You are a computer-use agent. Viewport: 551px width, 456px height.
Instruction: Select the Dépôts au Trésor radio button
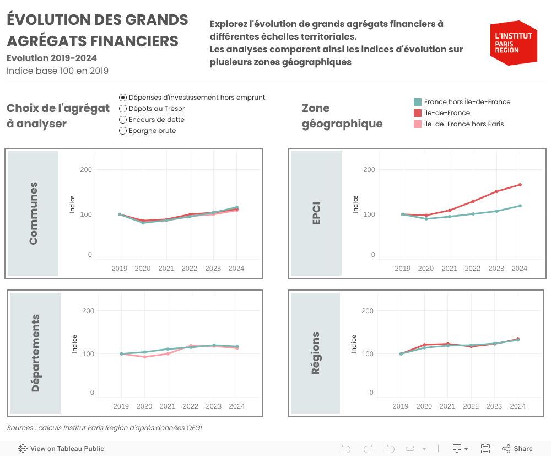point(123,109)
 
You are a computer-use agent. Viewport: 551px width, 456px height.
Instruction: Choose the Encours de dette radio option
point(123,120)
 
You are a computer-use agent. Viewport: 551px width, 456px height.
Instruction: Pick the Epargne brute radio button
point(123,131)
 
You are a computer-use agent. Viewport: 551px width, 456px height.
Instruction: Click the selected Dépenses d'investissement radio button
point(123,98)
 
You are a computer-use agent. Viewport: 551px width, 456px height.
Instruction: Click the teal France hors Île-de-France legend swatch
point(418,102)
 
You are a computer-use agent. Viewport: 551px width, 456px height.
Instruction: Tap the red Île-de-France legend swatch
point(418,113)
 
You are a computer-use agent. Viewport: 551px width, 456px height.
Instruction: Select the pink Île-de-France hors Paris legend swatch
point(418,124)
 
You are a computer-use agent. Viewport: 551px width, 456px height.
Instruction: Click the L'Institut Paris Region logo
point(514,43)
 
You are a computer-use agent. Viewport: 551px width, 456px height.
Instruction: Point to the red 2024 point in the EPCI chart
point(520,185)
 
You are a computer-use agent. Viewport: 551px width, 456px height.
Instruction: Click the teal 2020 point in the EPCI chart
point(426,219)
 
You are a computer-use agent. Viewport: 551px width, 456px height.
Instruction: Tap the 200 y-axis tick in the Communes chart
point(86,170)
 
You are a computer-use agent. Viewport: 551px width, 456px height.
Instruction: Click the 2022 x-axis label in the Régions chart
point(471,406)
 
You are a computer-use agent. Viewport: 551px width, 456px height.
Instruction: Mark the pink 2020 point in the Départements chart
point(144,357)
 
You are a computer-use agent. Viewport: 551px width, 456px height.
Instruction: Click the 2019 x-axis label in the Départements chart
point(121,406)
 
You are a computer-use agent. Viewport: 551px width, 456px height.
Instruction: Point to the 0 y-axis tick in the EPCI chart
point(373,255)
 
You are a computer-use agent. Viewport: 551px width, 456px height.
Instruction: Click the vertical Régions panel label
point(316,353)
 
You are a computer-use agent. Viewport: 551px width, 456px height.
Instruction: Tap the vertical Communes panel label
point(34,213)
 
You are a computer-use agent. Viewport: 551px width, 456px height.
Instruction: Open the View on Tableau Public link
point(61,449)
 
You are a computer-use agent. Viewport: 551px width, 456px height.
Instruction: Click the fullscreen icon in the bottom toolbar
point(485,449)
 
